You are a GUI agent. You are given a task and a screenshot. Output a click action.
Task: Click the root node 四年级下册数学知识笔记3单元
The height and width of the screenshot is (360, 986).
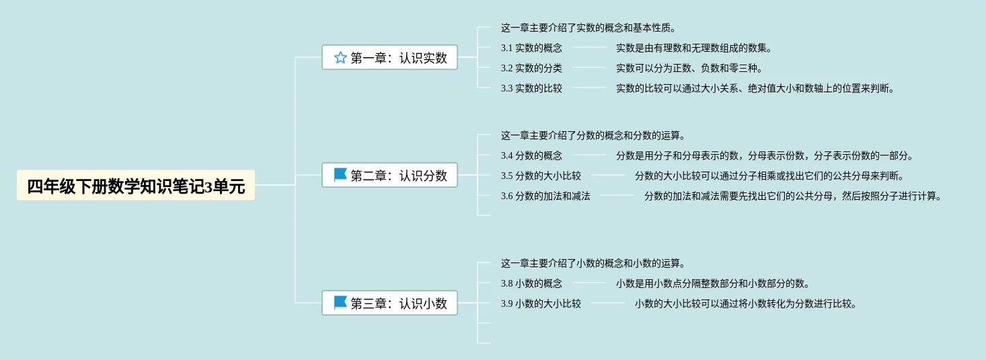[135, 186]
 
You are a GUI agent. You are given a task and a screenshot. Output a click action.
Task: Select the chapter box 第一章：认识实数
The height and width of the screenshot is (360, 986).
[389, 58]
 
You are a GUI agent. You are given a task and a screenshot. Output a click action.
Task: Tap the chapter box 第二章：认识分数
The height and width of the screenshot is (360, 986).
[389, 176]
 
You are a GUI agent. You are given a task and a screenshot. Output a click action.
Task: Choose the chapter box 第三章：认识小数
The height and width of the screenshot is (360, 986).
[389, 303]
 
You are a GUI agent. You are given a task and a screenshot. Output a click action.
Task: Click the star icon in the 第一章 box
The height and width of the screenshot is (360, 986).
[340, 58]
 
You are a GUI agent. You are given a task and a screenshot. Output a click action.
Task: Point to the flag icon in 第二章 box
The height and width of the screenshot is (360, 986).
[340, 176]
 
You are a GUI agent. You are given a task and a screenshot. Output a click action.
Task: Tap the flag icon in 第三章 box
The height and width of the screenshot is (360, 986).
[340, 303]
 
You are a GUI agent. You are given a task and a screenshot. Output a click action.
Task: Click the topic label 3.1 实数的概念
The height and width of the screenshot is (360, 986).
[531, 48]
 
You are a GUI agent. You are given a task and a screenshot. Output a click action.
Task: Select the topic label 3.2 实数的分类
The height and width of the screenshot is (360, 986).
[531, 68]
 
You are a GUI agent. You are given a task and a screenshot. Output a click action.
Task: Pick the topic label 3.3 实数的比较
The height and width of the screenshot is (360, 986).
[531, 88]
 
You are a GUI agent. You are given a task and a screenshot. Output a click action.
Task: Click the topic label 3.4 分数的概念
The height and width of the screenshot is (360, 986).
[531, 156]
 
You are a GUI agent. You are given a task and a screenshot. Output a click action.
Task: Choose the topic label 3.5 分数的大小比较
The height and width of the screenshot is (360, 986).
[541, 176]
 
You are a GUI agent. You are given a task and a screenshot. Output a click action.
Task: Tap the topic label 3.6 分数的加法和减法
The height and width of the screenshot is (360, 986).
[545, 196]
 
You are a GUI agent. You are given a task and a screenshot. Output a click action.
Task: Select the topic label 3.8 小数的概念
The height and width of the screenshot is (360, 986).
[531, 284]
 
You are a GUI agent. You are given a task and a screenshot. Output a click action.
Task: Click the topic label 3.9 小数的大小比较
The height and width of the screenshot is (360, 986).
[541, 304]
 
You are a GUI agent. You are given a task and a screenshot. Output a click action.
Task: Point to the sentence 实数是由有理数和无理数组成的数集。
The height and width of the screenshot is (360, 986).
[694, 48]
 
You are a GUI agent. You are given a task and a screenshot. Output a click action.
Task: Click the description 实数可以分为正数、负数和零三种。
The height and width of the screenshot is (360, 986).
[689, 68]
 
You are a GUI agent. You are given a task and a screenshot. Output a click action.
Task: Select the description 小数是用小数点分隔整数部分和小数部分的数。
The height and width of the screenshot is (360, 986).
[713, 284]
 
